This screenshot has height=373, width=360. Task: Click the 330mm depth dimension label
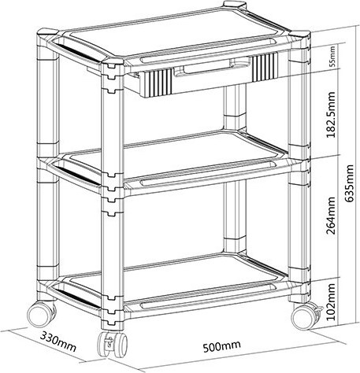coord(58,342)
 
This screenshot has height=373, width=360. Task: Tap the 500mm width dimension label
coord(222,346)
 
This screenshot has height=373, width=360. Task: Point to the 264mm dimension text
coord(330,216)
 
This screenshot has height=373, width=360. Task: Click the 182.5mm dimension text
coord(330,115)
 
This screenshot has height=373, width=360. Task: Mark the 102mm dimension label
coord(330,301)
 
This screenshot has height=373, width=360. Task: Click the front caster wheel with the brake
coord(112,344)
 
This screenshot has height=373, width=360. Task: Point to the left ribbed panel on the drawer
coord(157,82)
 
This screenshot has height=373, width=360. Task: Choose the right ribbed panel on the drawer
coord(265,66)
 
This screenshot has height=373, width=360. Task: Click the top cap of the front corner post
coord(112,62)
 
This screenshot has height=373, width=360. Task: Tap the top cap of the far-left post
coord(47,32)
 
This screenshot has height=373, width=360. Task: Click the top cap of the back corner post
coord(235,5)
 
